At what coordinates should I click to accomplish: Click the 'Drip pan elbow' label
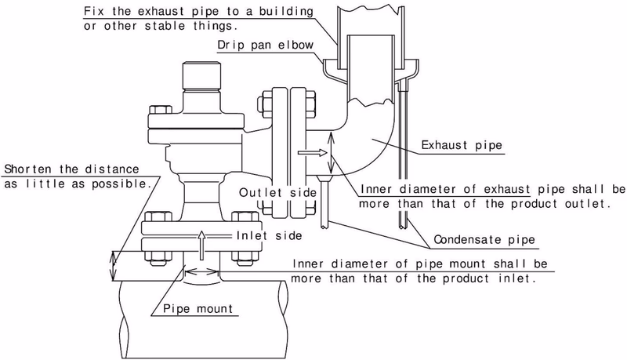[x=265, y=45]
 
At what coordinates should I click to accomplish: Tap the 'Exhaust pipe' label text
[x=462, y=145]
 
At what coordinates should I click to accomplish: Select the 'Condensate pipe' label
[x=484, y=239]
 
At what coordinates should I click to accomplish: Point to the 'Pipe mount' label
[x=198, y=309]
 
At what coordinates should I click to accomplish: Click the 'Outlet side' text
[x=277, y=193]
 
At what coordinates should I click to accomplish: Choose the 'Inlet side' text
[x=269, y=235]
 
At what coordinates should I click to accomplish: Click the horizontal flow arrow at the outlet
[x=313, y=152]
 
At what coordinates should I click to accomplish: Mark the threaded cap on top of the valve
[x=201, y=76]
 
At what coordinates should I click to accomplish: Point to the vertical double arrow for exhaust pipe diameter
[x=331, y=154]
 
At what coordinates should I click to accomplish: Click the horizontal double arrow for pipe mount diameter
[x=202, y=272]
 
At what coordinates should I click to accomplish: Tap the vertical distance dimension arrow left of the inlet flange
[x=114, y=266]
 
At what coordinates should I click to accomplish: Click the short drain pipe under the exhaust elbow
[x=324, y=203]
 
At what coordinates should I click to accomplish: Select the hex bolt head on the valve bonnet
[x=161, y=110]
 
